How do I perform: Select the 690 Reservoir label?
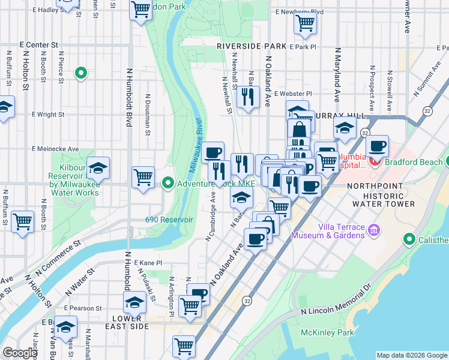pyautogui.click(x=169, y=220)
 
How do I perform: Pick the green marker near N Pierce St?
pyautogui.click(x=80, y=74)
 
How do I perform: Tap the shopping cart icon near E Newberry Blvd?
pyautogui.click(x=305, y=23)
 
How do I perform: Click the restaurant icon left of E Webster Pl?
pyautogui.click(x=247, y=96)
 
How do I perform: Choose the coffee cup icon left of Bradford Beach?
pyautogui.click(x=377, y=146)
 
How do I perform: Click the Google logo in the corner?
pyautogui.click(x=20, y=353)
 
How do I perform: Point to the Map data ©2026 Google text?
pyautogui.click(x=411, y=355)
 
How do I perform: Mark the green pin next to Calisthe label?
pyautogui.click(x=410, y=240)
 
